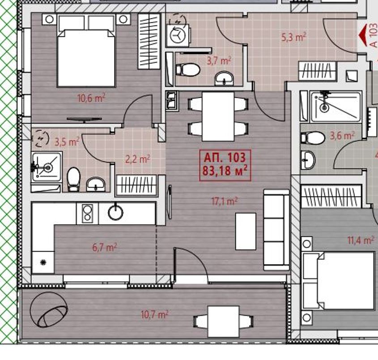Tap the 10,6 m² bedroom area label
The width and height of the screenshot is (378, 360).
(91, 98)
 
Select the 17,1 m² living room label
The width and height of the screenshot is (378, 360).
(225, 201)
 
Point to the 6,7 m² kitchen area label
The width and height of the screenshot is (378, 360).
(105, 247)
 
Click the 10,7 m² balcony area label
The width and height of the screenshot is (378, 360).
(154, 314)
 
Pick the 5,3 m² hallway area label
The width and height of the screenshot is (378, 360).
(294, 37)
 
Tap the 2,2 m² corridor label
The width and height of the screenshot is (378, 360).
(138, 159)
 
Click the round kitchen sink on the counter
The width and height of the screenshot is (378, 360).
(116, 212)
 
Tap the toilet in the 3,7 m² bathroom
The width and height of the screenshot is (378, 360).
(188, 70)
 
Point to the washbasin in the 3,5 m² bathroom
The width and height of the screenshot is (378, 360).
(96, 184)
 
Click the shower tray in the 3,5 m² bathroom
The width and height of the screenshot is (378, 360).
(47, 167)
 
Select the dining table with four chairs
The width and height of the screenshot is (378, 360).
(218, 116)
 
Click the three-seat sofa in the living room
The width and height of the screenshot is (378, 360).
(276, 230)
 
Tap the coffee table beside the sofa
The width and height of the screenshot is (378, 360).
(246, 231)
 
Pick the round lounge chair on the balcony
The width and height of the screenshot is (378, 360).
(49, 309)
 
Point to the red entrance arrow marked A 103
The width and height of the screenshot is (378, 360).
(362, 36)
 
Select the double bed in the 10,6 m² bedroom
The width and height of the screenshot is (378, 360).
(86, 51)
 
